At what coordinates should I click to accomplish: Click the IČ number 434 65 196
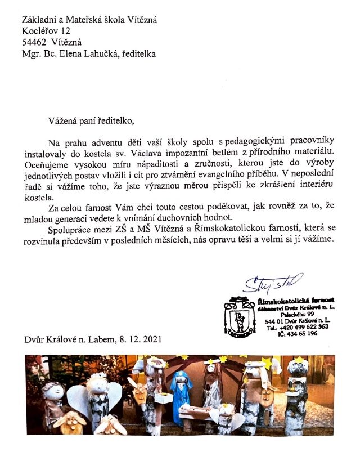(296, 333)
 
